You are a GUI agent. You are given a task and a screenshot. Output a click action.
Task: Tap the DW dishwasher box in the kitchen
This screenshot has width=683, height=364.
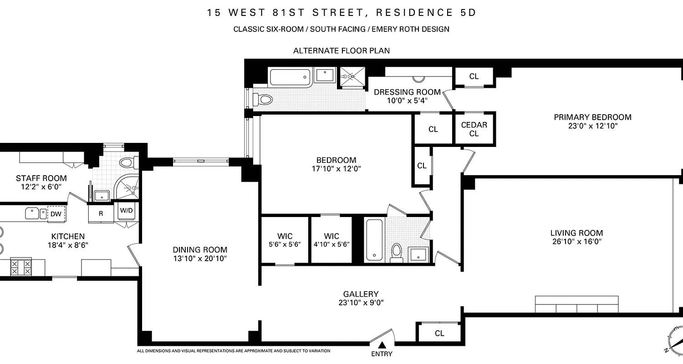point(56,214)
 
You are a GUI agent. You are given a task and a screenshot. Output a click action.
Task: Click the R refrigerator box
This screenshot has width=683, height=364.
point(101,213)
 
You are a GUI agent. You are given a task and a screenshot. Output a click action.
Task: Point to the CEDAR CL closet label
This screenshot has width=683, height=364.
point(474,129)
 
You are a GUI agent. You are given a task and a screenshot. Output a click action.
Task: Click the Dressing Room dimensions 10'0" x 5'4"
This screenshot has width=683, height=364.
point(407,101)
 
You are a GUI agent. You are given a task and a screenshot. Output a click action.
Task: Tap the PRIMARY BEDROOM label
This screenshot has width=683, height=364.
point(592,117)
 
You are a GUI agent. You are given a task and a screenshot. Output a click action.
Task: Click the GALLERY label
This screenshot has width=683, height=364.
point(361,294)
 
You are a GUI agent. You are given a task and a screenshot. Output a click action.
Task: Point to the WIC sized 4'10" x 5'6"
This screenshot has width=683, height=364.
point(331,240)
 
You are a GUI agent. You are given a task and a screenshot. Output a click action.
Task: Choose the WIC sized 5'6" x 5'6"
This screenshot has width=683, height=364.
point(285,240)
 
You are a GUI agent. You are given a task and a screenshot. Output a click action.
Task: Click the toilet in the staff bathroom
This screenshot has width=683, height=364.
point(127,162)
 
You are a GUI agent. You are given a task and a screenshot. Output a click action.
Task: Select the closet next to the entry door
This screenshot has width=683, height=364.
point(439,333)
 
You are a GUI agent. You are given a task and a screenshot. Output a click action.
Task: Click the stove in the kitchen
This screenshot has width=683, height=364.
point(21,267)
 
